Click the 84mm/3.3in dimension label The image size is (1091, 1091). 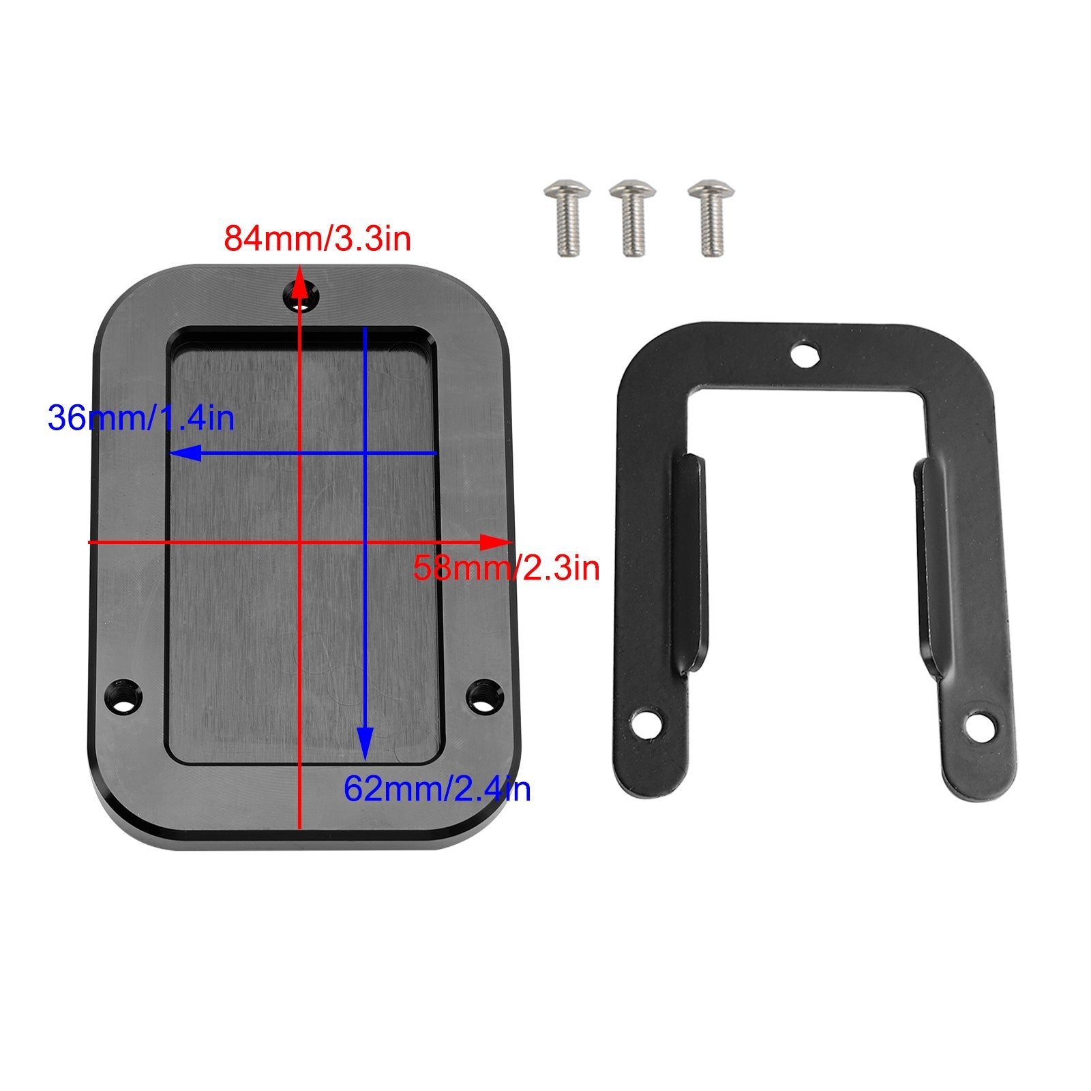[318, 239]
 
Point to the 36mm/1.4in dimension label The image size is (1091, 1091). [141, 418]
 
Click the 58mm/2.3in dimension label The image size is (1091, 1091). [506, 568]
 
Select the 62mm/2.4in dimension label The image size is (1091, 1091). [436, 790]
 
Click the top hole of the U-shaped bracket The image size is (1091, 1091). [805, 355]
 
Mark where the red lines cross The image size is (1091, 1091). [300, 542]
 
